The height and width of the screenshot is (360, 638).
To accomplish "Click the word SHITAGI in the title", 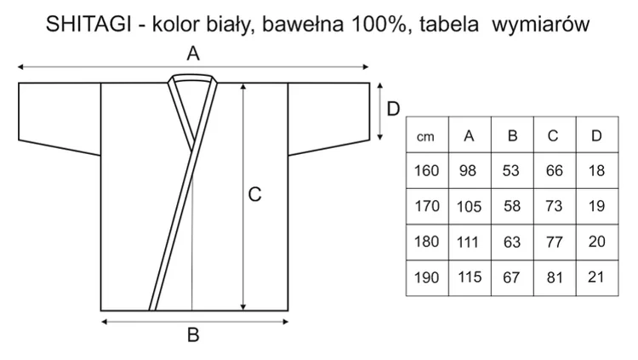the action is click(x=88, y=24).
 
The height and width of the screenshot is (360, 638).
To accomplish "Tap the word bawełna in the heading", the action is click(x=303, y=24).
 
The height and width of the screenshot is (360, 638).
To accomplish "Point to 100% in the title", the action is click(x=379, y=24).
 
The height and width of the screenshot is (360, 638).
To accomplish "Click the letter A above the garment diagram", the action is click(x=193, y=54).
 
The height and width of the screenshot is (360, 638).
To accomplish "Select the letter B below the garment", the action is click(x=193, y=334).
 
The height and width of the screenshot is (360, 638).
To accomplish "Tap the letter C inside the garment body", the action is click(x=254, y=194).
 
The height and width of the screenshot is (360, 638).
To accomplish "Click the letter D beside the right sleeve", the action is click(x=393, y=109).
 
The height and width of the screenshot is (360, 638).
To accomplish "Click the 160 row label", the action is click(x=427, y=170).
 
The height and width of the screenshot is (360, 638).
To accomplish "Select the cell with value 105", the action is click(x=470, y=206).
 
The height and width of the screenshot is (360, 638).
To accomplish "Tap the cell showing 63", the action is click(x=512, y=242).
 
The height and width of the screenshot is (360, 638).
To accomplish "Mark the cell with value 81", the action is click(x=555, y=277).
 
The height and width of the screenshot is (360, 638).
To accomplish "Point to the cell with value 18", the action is click(x=597, y=170).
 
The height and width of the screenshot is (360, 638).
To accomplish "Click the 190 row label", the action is click(x=427, y=277).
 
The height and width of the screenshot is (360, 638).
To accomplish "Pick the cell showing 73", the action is click(x=555, y=206).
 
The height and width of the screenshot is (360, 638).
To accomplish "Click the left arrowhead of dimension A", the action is click(x=20, y=66).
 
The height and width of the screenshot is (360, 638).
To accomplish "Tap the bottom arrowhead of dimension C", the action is click(x=243, y=307).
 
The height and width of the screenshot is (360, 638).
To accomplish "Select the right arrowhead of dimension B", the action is click(x=286, y=322).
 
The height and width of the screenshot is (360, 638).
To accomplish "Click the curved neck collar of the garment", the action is click(x=193, y=76).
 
